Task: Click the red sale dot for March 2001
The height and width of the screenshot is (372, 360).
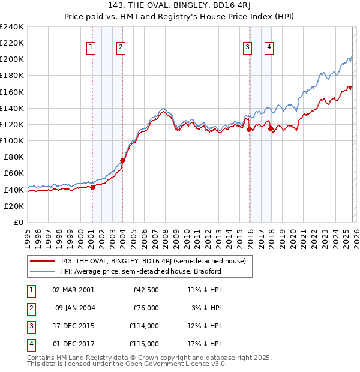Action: point(92,187)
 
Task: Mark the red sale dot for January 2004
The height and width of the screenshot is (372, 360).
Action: point(122,160)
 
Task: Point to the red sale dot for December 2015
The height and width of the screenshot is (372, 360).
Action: point(249,129)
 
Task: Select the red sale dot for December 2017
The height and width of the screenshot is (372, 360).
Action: point(271,128)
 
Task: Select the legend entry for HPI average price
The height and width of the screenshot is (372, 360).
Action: point(140,271)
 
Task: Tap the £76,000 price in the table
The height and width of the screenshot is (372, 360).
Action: point(146,308)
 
